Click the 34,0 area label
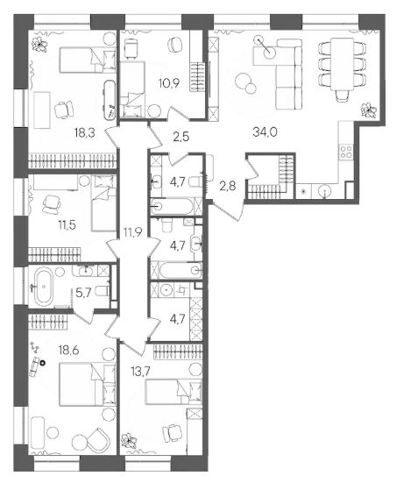click(x=265, y=132)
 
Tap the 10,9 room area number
click(x=169, y=83)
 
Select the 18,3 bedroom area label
click(x=84, y=133)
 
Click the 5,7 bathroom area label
click(x=84, y=293)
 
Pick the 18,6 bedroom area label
click(x=68, y=350)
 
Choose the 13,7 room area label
click(x=141, y=371)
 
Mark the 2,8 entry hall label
click(x=228, y=187)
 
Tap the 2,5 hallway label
click(x=181, y=137)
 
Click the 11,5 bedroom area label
click(x=67, y=224)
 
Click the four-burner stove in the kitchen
click(x=346, y=152)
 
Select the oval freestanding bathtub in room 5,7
click(x=44, y=287)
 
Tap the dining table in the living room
click(x=342, y=63)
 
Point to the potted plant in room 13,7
click(x=129, y=440)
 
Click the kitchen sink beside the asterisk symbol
click(x=325, y=190)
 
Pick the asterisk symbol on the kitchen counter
click(x=302, y=190)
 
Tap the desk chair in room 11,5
click(x=52, y=205)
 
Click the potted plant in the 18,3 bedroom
click(x=39, y=45)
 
